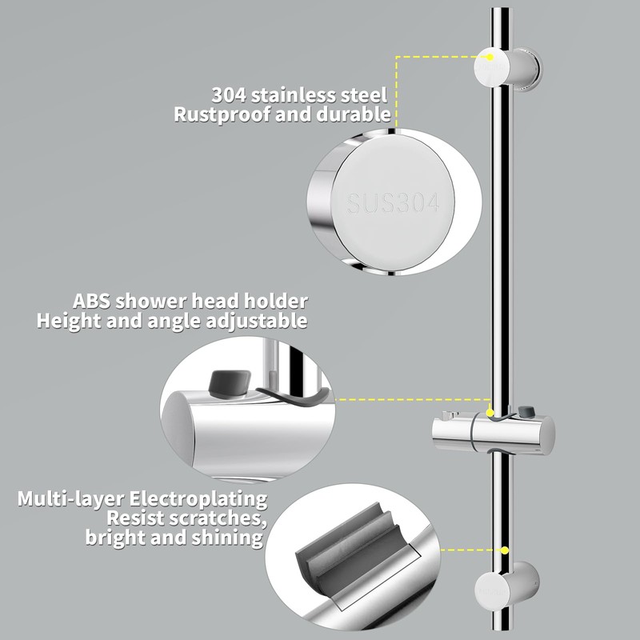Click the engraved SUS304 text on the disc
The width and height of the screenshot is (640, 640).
(393, 204)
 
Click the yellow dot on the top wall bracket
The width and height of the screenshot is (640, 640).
(488, 56)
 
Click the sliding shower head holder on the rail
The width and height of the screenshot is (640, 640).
(488, 432)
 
